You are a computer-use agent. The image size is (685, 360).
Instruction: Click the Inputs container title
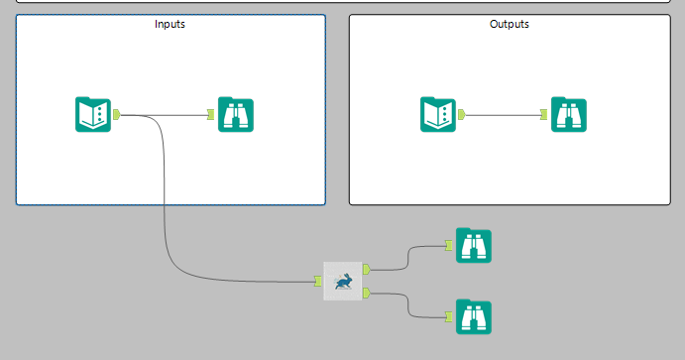point(170,24)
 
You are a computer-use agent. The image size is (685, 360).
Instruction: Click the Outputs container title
point(509,24)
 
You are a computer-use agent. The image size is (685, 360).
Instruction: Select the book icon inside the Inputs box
point(93,114)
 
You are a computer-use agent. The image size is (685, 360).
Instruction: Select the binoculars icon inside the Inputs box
point(236,114)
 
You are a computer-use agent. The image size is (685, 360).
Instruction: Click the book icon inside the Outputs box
point(438,114)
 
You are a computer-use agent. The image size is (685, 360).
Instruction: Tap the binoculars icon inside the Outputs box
point(569,114)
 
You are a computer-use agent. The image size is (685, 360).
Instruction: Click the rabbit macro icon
point(343,281)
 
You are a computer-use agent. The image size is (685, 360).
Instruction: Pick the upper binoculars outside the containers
point(474,246)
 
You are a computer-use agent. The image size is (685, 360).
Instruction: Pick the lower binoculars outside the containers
point(474,316)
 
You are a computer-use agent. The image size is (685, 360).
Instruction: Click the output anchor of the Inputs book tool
point(117,114)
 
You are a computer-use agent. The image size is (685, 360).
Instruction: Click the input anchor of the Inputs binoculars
point(210,114)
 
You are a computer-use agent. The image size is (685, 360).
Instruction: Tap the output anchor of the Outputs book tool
point(462,114)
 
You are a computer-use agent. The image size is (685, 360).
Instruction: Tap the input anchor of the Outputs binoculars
point(543,114)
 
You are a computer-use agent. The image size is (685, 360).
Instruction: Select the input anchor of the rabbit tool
point(318,282)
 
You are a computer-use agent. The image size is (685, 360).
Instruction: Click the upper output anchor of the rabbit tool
point(367,269)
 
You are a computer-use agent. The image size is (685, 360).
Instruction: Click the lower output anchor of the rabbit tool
point(367,293)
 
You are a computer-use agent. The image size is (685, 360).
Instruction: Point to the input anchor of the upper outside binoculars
point(449,246)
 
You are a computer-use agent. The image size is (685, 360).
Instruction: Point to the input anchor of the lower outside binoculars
point(449,316)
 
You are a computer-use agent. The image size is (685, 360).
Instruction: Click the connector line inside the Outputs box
point(503,115)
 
